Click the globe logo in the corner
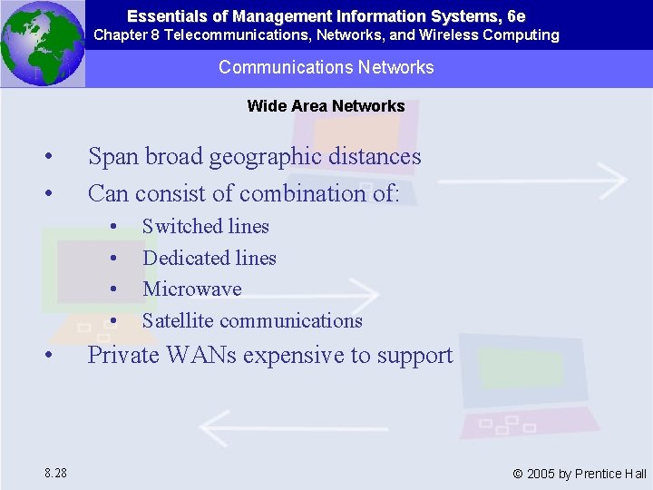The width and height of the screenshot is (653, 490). point(42,43)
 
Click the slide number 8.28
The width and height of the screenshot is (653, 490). point(54,473)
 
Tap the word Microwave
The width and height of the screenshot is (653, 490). point(191,289)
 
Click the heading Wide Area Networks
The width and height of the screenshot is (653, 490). point(326,106)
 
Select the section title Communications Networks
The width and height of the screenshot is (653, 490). point(326,67)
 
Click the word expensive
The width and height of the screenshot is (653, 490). point(297,355)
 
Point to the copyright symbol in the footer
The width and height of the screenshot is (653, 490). point(518,474)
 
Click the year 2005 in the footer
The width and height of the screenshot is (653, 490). point(541,474)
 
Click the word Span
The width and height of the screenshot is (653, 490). point(112,156)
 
